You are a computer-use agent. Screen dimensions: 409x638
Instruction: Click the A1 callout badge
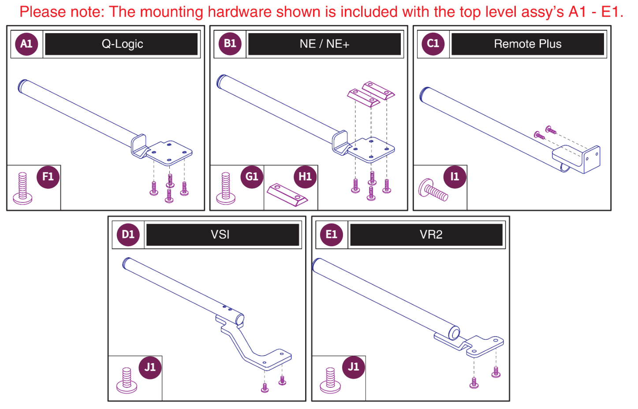pos(26,44)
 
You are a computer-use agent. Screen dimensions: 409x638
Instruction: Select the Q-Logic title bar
pos(122,44)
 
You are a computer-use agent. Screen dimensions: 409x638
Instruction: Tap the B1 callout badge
pos(230,44)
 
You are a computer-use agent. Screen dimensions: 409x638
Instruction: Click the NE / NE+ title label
pos(325,44)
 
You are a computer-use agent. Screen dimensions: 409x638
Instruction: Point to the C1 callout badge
pos(433,44)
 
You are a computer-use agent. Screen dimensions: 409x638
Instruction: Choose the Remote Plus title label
pos(527,44)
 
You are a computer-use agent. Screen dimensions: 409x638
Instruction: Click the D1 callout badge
pos(128,234)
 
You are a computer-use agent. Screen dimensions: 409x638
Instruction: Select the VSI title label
pos(220,234)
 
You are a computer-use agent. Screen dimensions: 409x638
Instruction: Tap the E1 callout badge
pos(331,234)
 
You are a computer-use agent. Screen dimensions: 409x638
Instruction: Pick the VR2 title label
pos(430,234)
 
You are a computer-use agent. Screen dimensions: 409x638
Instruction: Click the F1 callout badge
pos(48,177)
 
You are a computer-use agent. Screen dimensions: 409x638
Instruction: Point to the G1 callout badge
pos(251,177)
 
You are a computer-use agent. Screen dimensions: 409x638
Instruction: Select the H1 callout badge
pos(305,177)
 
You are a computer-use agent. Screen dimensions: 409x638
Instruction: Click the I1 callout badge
pos(454,177)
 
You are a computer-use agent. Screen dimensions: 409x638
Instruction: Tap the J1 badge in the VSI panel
pos(150,367)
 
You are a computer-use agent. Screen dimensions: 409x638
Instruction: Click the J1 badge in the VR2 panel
pos(353,367)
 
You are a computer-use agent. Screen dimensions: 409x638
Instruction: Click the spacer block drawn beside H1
pos(287,195)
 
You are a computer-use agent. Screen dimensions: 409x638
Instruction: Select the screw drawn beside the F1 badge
pos(22,188)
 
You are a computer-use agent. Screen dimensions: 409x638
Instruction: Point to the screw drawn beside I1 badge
pos(433,190)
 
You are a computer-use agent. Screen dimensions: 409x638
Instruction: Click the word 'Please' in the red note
pos(41,12)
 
